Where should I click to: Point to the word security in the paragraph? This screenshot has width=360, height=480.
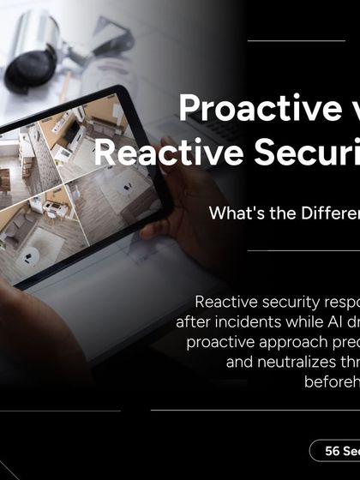pos(281,302)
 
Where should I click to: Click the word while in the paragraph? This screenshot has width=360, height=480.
pos(290,321)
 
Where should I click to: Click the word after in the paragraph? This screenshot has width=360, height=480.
pos(192,321)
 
